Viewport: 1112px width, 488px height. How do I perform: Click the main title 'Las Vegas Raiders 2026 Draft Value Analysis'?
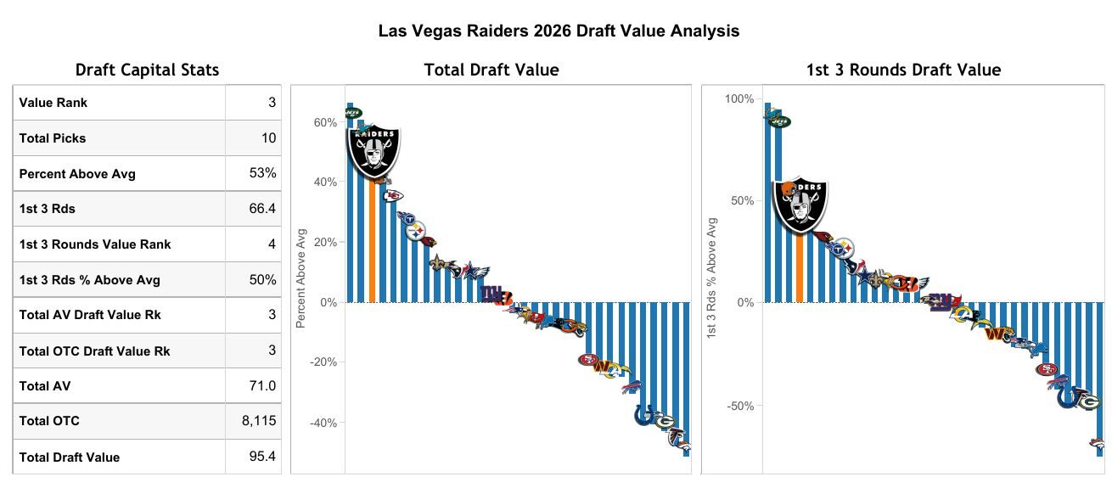click(559, 31)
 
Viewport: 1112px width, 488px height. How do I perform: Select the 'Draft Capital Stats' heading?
click(147, 70)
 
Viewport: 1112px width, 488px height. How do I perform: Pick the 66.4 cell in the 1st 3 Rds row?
click(262, 209)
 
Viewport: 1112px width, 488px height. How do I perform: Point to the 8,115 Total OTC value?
click(259, 421)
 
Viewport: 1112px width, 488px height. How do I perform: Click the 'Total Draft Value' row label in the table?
click(70, 457)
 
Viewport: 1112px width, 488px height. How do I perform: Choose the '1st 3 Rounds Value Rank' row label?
click(95, 244)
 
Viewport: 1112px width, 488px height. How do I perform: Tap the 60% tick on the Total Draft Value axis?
click(325, 122)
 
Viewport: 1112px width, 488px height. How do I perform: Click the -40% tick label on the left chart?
click(323, 423)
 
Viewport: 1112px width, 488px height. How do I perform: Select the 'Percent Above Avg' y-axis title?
click(300, 277)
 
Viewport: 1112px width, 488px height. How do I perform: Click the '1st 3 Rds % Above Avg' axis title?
click(712, 279)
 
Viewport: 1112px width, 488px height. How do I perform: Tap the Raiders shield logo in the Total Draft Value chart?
click(373, 153)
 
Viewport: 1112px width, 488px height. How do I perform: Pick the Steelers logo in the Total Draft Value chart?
click(416, 229)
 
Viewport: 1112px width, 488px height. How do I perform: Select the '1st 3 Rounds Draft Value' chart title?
click(903, 70)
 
